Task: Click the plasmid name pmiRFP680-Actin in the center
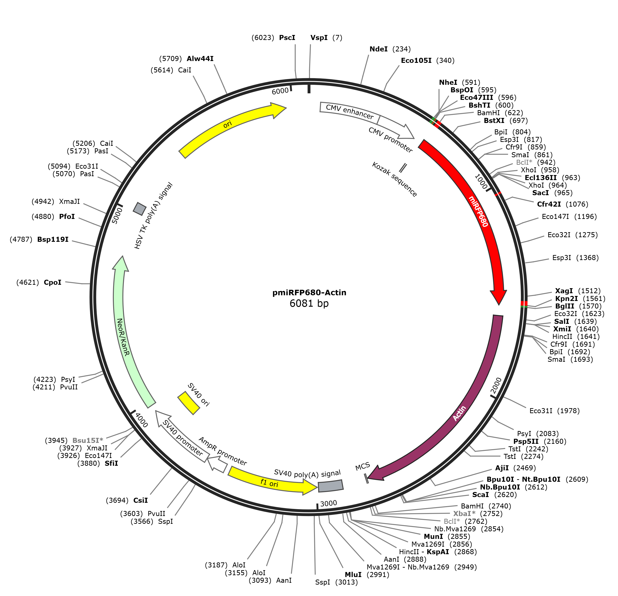tap(309, 293)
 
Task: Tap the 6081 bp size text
tap(309, 303)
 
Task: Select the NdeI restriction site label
tap(378, 49)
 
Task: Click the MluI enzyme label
tap(353, 575)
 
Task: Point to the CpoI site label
tap(52, 282)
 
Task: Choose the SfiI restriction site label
tap(111, 463)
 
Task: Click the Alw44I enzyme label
tap(200, 59)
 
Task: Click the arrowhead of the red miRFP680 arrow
tap(498, 297)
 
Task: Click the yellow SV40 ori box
tap(189, 403)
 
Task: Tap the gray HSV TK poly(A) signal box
tap(140, 208)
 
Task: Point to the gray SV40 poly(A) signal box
tap(330, 486)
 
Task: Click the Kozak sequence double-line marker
tap(403, 168)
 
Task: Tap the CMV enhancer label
tap(350, 112)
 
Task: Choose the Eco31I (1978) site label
tap(554, 411)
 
